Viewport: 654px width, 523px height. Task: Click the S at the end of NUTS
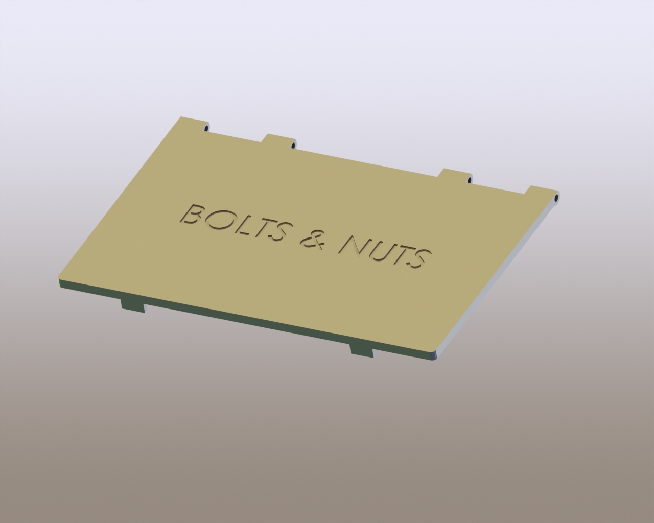coord(420,259)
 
